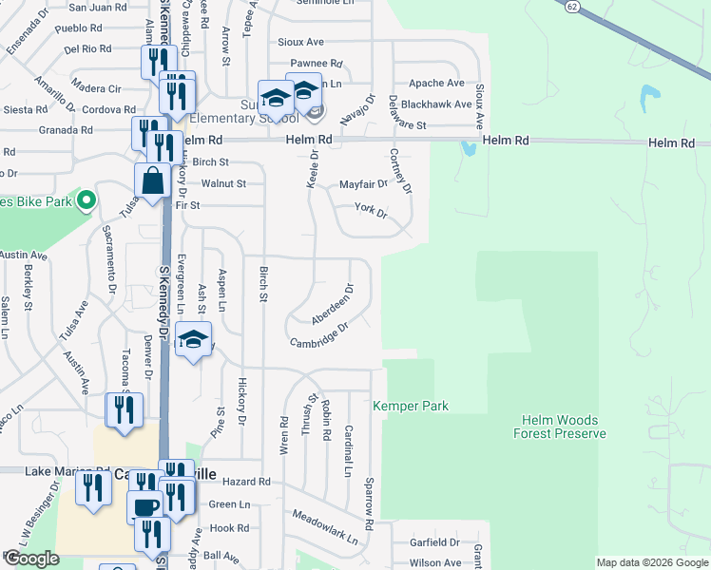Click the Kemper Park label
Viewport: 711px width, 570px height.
point(410,406)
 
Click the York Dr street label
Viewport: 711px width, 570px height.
point(371,210)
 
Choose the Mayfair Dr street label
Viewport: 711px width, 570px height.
point(363,184)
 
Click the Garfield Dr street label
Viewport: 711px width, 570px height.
point(434,542)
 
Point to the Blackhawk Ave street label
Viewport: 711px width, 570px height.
point(435,104)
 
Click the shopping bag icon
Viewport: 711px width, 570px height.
point(151,179)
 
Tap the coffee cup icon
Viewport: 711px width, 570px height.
point(145,506)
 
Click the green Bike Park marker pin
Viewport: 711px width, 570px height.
point(86,199)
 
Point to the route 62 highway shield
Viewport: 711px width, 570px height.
point(568,6)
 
